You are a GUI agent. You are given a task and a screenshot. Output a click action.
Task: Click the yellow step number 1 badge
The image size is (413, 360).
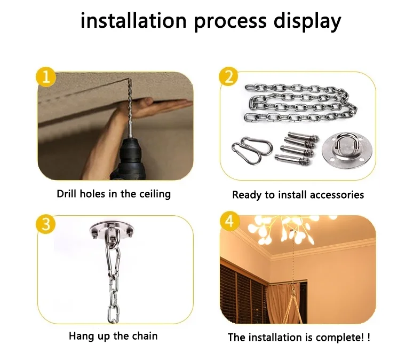pos(46,77)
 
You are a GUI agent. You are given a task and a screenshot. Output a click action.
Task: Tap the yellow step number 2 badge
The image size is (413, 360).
pos(229,77)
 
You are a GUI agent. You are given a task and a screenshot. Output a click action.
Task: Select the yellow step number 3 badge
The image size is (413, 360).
pos(46,225)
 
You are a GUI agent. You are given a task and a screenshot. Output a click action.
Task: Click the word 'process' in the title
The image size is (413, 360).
pos(230,21)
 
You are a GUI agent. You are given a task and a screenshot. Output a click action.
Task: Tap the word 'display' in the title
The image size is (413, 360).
pos(307,21)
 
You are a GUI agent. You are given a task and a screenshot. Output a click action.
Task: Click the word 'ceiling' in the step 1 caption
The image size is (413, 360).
pos(155,194)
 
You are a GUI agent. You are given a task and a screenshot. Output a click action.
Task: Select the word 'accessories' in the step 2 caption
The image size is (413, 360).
pos(337,195)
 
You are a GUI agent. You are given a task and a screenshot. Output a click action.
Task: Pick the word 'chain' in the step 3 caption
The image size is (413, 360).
pos(145,336)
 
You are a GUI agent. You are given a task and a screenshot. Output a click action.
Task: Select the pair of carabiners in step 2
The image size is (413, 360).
pos(251,150)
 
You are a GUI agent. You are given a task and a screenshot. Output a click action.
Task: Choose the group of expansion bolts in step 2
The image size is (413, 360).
pos(297,147)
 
